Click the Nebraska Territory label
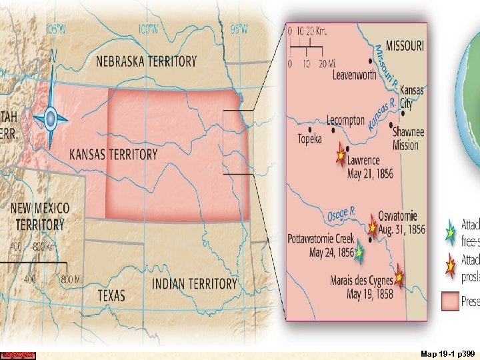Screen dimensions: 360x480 147,61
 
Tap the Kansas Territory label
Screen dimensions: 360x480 113,155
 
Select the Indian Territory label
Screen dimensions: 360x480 195,284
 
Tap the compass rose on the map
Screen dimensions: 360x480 49,120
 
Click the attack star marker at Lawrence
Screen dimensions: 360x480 341,155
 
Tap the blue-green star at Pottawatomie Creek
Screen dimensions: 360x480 359,253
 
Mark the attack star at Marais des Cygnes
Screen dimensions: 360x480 399,273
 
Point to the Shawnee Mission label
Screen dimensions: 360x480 405,138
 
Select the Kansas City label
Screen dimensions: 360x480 411,96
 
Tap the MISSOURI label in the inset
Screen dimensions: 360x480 399,45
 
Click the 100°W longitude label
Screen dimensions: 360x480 147,29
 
